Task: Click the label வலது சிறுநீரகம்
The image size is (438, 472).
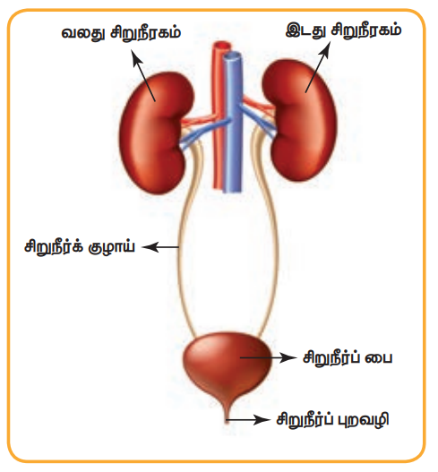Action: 121,32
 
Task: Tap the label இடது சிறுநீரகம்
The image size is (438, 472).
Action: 343,30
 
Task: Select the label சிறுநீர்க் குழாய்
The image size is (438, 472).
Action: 80,247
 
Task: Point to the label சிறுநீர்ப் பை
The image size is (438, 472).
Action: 348,358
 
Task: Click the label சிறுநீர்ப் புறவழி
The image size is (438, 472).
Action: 333,419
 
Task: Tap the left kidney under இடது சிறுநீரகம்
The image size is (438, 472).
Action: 299,120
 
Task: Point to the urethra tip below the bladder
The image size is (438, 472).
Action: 228,421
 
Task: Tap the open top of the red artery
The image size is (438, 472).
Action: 222,46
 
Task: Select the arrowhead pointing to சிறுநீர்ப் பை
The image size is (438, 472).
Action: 289,358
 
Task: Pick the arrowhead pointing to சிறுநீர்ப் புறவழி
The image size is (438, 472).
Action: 262,419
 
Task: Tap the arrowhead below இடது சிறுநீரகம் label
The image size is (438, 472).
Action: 325,48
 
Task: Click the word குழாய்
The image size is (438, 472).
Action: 112,248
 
